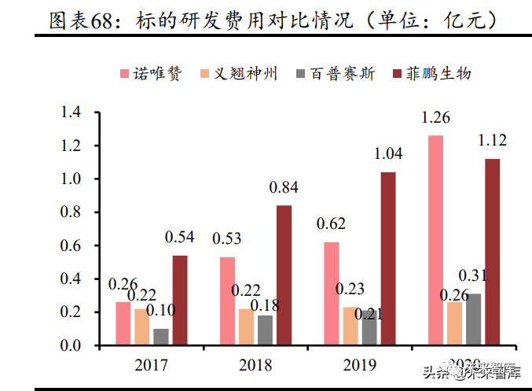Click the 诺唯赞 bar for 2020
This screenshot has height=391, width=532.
[x=435, y=240]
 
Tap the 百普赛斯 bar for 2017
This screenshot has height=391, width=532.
[x=161, y=337]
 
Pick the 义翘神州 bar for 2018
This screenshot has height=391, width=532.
[x=246, y=326]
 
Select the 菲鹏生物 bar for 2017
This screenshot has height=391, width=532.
[x=180, y=300]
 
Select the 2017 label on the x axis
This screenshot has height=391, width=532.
[x=151, y=365]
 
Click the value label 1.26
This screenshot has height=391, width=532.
[x=435, y=119]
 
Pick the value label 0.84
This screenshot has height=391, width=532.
[x=284, y=188]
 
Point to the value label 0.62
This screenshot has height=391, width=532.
[x=332, y=225]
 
